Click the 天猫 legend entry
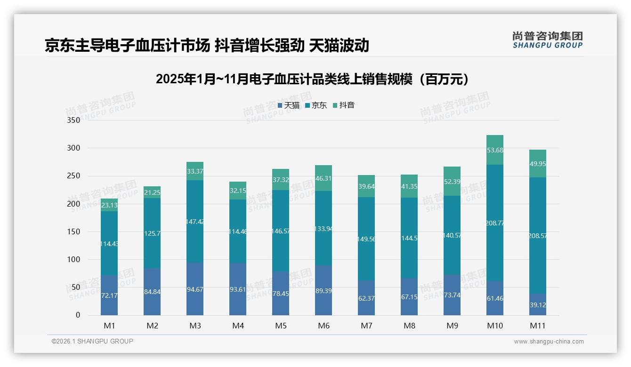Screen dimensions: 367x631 pyautogui.click(x=289, y=105)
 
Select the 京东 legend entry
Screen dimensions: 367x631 pyautogui.click(x=316, y=105)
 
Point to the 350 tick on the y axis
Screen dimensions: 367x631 pyautogui.click(x=74, y=120)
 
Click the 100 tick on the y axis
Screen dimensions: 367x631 pyautogui.click(x=74, y=259)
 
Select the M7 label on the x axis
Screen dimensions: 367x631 pyautogui.click(x=366, y=326)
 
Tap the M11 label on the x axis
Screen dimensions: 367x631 pyautogui.click(x=538, y=326)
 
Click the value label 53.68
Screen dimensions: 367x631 pyautogui.click(x=495, y=150)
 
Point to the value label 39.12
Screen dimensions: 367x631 pyautogui.click(x=538, y=305)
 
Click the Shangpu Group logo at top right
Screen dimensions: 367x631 pyautogui.click(x=547, y=40)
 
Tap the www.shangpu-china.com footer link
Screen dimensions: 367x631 pyautogui.click(x=549, y=342)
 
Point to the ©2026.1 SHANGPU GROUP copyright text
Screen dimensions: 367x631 pyautogui.click(x=92, y=341)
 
